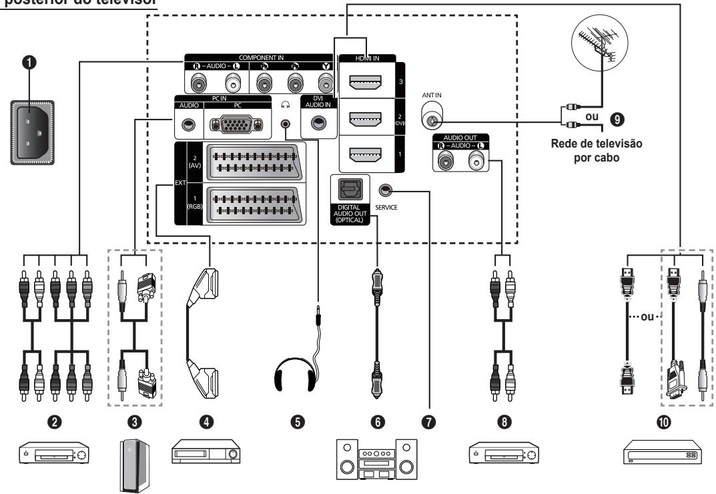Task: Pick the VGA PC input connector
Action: [x=233, y=124]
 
